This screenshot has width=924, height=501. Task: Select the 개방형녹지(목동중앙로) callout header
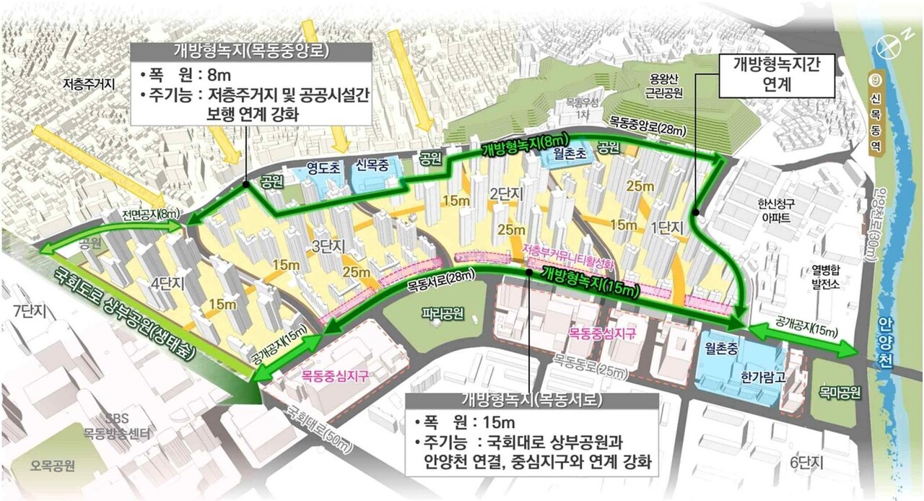251,51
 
